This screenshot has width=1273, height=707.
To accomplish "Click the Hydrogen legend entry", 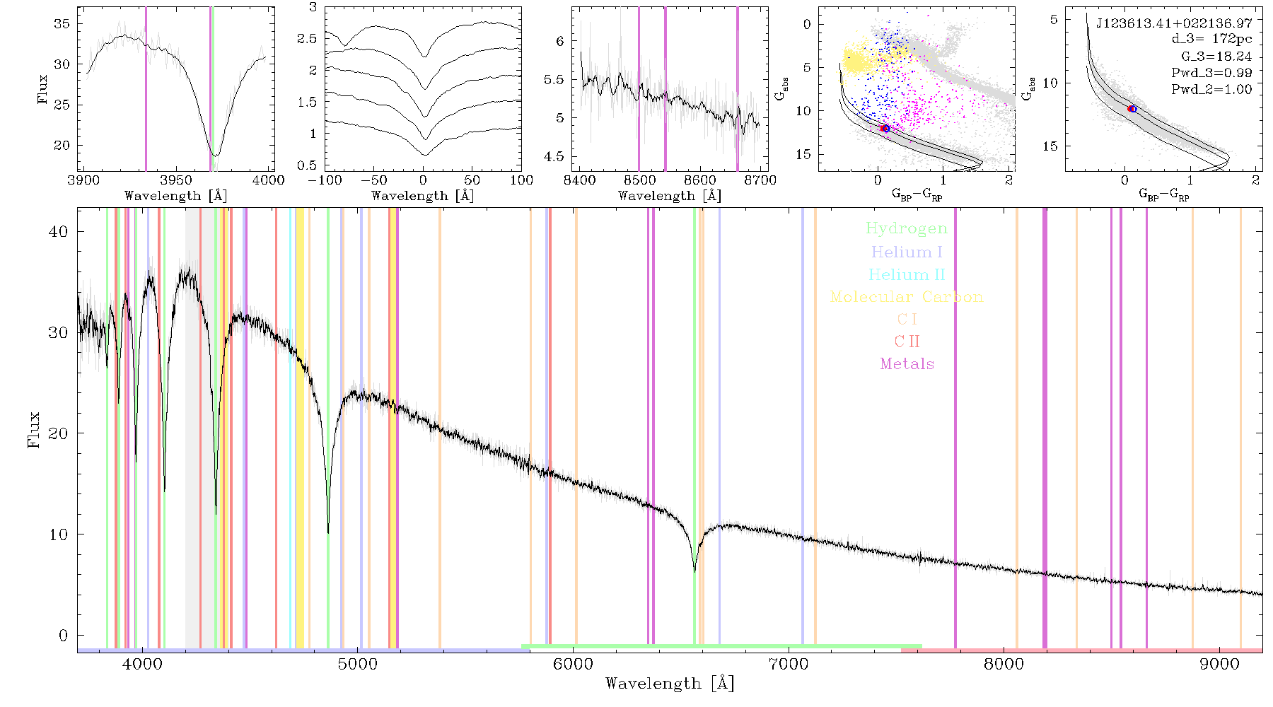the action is [x=906, y=228].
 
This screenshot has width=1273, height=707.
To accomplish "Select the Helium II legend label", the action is [x=906, y=274].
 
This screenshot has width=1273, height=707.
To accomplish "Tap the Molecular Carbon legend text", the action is [x=906, y=297].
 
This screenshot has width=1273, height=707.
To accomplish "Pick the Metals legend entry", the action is [x=907, y=363].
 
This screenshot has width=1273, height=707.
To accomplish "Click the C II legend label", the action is [x=907, y=341].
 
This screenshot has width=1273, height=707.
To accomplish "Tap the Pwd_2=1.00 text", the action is [x=1211, y=89].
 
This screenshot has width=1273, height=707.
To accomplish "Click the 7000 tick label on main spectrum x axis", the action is [x=789, y=664].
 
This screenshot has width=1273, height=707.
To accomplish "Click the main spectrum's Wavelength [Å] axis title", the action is [x=670, y=684].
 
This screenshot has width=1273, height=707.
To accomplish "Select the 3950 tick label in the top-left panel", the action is [x=176, y=180].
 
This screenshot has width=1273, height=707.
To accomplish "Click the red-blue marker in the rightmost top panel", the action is [x=1132, y=109].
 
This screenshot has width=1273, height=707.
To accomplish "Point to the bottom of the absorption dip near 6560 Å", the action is [x=694, y=571].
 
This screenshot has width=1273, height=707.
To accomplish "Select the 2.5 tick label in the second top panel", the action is [x=307, y=38].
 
